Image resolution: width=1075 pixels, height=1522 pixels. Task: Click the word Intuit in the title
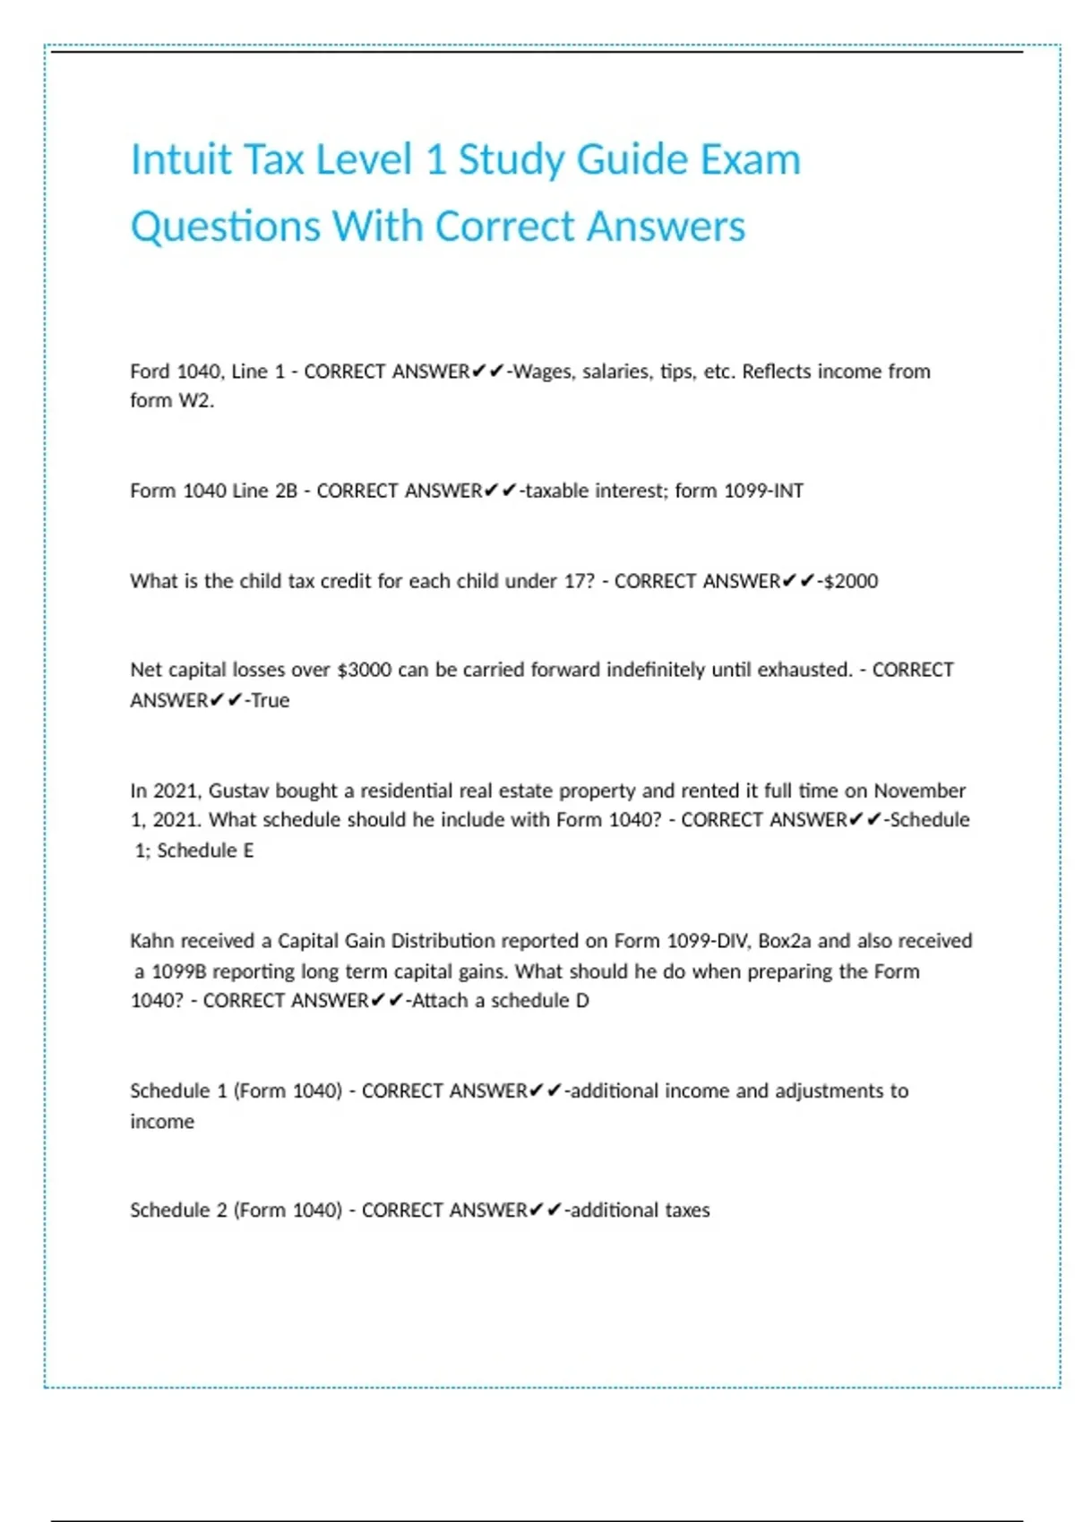(x=181, y=159)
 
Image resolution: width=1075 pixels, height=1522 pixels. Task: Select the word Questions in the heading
(x=226, y=226)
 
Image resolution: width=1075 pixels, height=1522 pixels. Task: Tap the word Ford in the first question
(x=149, y=372)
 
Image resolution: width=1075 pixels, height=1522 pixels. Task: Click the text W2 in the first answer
(x=195, y=400)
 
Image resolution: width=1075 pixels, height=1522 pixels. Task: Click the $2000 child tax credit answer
(x=850, y=581)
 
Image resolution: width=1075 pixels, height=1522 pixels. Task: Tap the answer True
(x=271, y=700)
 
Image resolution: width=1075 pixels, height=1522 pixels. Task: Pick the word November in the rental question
(x=919, y=791)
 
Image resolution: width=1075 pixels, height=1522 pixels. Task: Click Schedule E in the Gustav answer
(x=205, y=850)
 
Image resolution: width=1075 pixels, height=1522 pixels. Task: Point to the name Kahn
(x=151, y=941)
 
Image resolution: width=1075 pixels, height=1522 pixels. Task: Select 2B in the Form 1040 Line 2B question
(x=286, y=491)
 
